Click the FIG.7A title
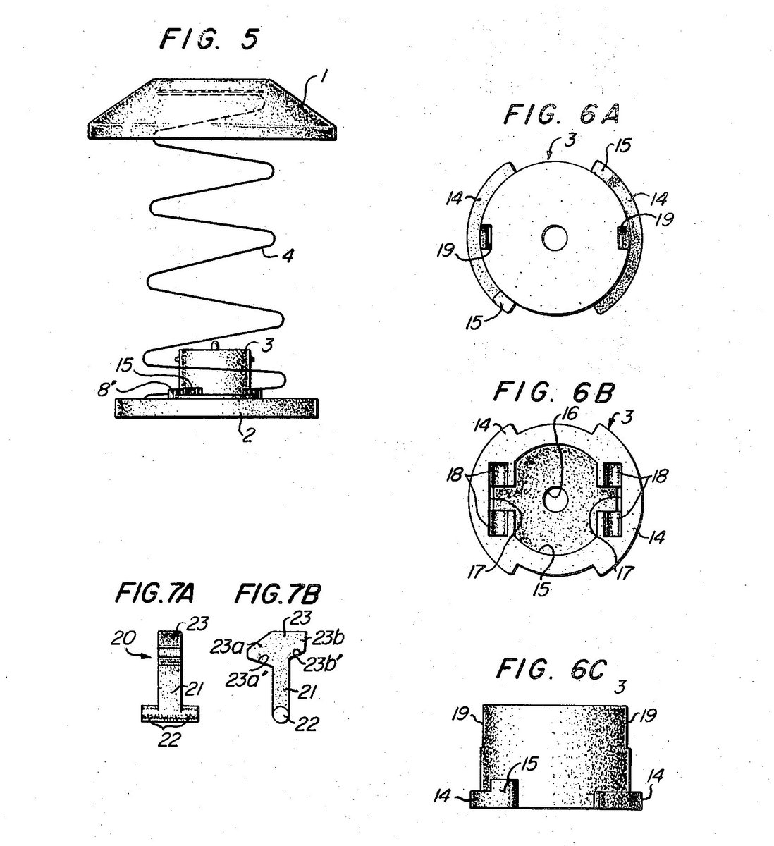[145, 593]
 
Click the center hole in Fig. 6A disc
[555, 238]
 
